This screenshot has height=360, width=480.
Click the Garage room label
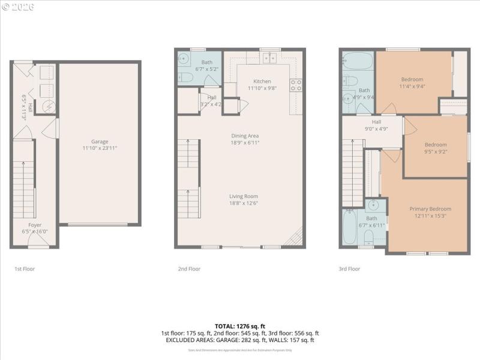click(x=100, y=142)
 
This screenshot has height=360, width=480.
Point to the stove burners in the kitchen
click(x=296, y=85)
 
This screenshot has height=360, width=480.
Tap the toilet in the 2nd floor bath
click(x=185, y=77)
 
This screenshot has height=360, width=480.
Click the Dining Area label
click(x=245, y=136)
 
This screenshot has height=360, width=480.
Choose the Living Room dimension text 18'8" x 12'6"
click(x=244, y=203)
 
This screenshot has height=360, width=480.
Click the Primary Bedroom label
click(x=430, y=209)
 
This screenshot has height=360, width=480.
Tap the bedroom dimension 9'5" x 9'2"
click(x=436, y=151)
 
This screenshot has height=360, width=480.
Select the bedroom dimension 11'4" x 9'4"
click(x=412, y=86)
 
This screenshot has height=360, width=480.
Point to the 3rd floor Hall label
click(x=376, y=121)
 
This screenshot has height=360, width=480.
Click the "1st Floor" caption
click(x=25, y=269)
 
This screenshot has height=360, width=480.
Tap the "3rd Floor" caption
click(x=349, y=269)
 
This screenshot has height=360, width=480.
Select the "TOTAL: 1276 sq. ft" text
click(x=240, y=326)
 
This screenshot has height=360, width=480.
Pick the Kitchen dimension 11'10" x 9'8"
click(x=262, y=88)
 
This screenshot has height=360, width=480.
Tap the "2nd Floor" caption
click(x=189, y=269)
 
